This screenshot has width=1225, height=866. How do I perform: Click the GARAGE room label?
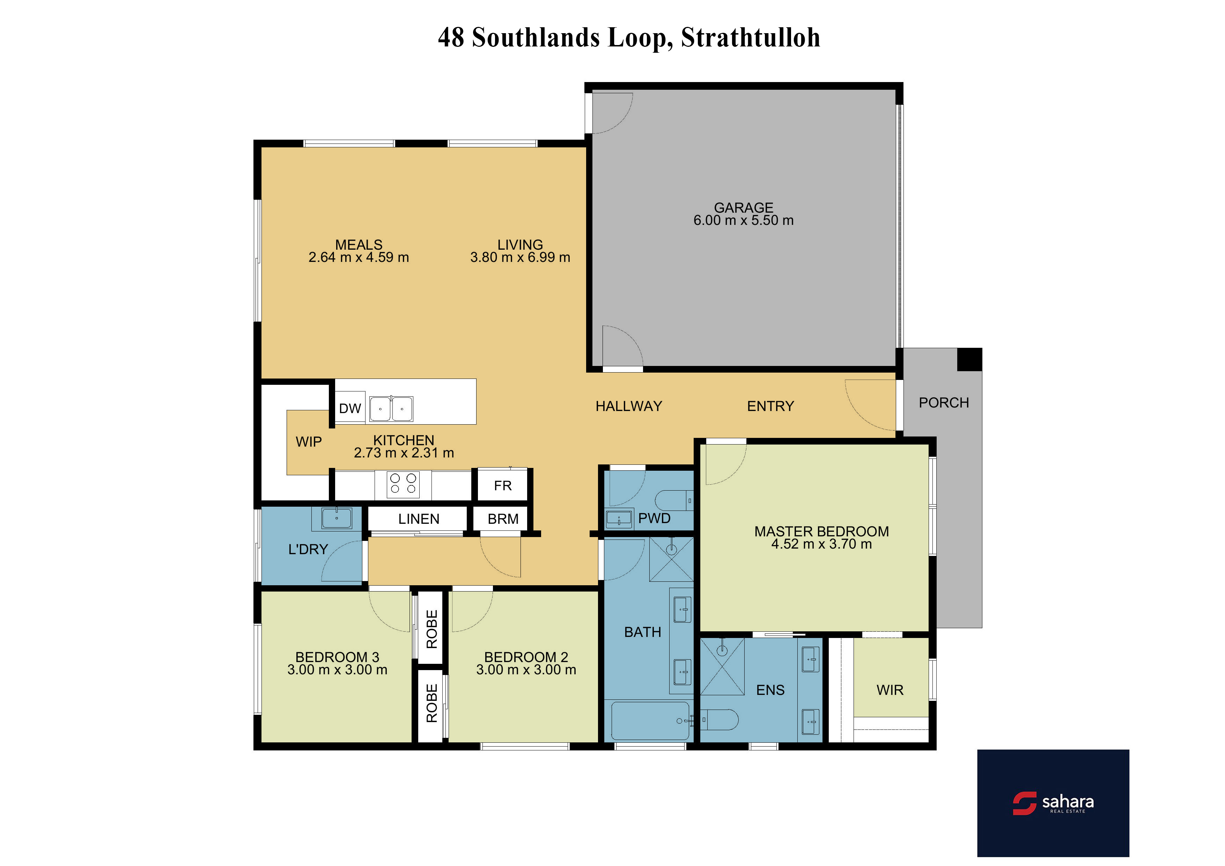(x=743, y=207)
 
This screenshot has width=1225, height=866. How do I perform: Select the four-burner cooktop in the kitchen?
(x=403, y=484)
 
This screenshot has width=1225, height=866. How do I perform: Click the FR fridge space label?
(x=503, y=486)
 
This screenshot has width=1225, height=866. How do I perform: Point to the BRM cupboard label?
(x=503, y=519)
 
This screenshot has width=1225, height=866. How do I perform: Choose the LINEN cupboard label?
(x=419, y=519)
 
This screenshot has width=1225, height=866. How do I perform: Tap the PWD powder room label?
(x=654, y=518)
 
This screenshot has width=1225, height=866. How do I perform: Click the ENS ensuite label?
(x=770, y=690)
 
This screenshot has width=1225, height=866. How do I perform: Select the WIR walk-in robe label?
(x=890, y=690)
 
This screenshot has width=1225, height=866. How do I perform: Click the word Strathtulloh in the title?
(x=751, y=37)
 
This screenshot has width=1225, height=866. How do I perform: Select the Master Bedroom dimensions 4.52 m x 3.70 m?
(x=822, y=544)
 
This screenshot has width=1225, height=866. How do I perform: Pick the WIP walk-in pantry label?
(x=309, y=442)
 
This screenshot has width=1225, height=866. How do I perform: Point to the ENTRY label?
(x=770, y=406)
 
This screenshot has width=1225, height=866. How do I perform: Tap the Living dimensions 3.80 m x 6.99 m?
(x=520, y=257)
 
